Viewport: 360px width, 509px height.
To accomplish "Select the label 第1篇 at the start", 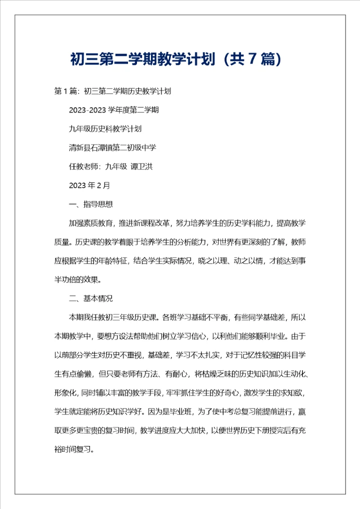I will click(x=65, y=91).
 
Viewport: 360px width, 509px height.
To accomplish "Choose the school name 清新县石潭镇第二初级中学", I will click(x=112, y=147).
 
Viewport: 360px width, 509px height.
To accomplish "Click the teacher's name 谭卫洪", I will click(x=141, y=166).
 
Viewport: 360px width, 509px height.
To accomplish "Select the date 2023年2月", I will click(x=89, y=185).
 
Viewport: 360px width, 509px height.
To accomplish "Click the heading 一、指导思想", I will click(x=90, y=204).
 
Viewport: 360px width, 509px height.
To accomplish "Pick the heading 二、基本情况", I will click(x=90, y=298).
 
